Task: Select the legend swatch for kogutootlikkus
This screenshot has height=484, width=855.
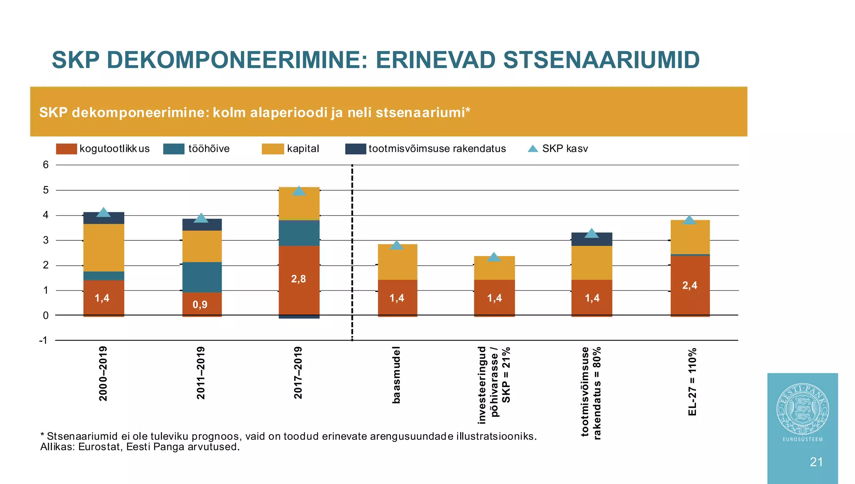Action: coord(66,149)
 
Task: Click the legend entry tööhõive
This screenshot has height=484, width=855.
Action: coord(209,149)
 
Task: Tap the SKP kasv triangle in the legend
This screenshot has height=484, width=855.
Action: coord(533,149)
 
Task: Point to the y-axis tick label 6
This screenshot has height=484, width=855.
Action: coord(46,165)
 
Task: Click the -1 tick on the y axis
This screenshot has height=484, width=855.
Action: coord(43,340)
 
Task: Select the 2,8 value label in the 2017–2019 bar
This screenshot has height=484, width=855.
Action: coord(298,279)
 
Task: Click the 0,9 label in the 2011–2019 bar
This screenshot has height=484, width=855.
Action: coord(200,305)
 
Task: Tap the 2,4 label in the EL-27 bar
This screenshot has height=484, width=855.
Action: coord(690,285)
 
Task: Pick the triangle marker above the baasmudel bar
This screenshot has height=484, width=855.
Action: coord(397,245)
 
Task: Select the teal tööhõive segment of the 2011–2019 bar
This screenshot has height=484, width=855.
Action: coord(202,277)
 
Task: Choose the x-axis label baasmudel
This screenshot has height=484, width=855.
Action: coord(396,375)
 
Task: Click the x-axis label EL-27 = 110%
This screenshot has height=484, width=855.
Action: coord(692,381)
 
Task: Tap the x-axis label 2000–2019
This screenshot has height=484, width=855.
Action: coord(103,373)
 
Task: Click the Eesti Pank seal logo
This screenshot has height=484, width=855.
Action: coord(802,409)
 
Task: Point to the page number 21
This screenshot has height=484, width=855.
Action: coord(816,462)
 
